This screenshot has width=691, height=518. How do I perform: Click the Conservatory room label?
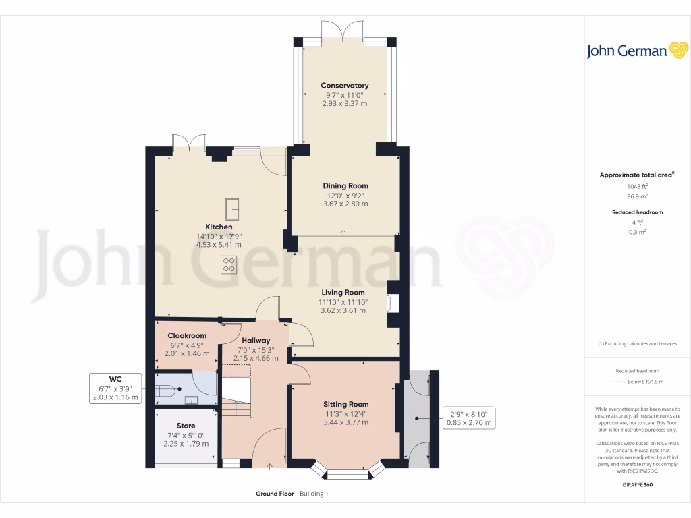[344, 86]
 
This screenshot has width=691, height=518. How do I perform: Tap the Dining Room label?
[345, 185]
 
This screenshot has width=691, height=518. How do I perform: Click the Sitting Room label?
[345, 405]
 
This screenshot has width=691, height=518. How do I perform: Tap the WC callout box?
[115, 388]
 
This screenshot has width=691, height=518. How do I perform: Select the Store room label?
[186, 426]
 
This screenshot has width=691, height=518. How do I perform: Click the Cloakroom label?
[187, 335]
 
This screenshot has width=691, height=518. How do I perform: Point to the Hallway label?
[255, 341]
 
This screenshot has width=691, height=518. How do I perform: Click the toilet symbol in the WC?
[166, 389]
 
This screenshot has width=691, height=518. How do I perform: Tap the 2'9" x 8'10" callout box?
[469, 418]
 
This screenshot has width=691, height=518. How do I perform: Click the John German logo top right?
[636, 51]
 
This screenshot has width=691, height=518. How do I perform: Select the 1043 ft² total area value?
[636, 186]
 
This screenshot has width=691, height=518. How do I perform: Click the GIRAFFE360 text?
[637, 484]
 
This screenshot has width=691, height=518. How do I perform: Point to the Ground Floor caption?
[275, 494]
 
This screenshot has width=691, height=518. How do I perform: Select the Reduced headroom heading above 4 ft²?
[636, 212]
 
